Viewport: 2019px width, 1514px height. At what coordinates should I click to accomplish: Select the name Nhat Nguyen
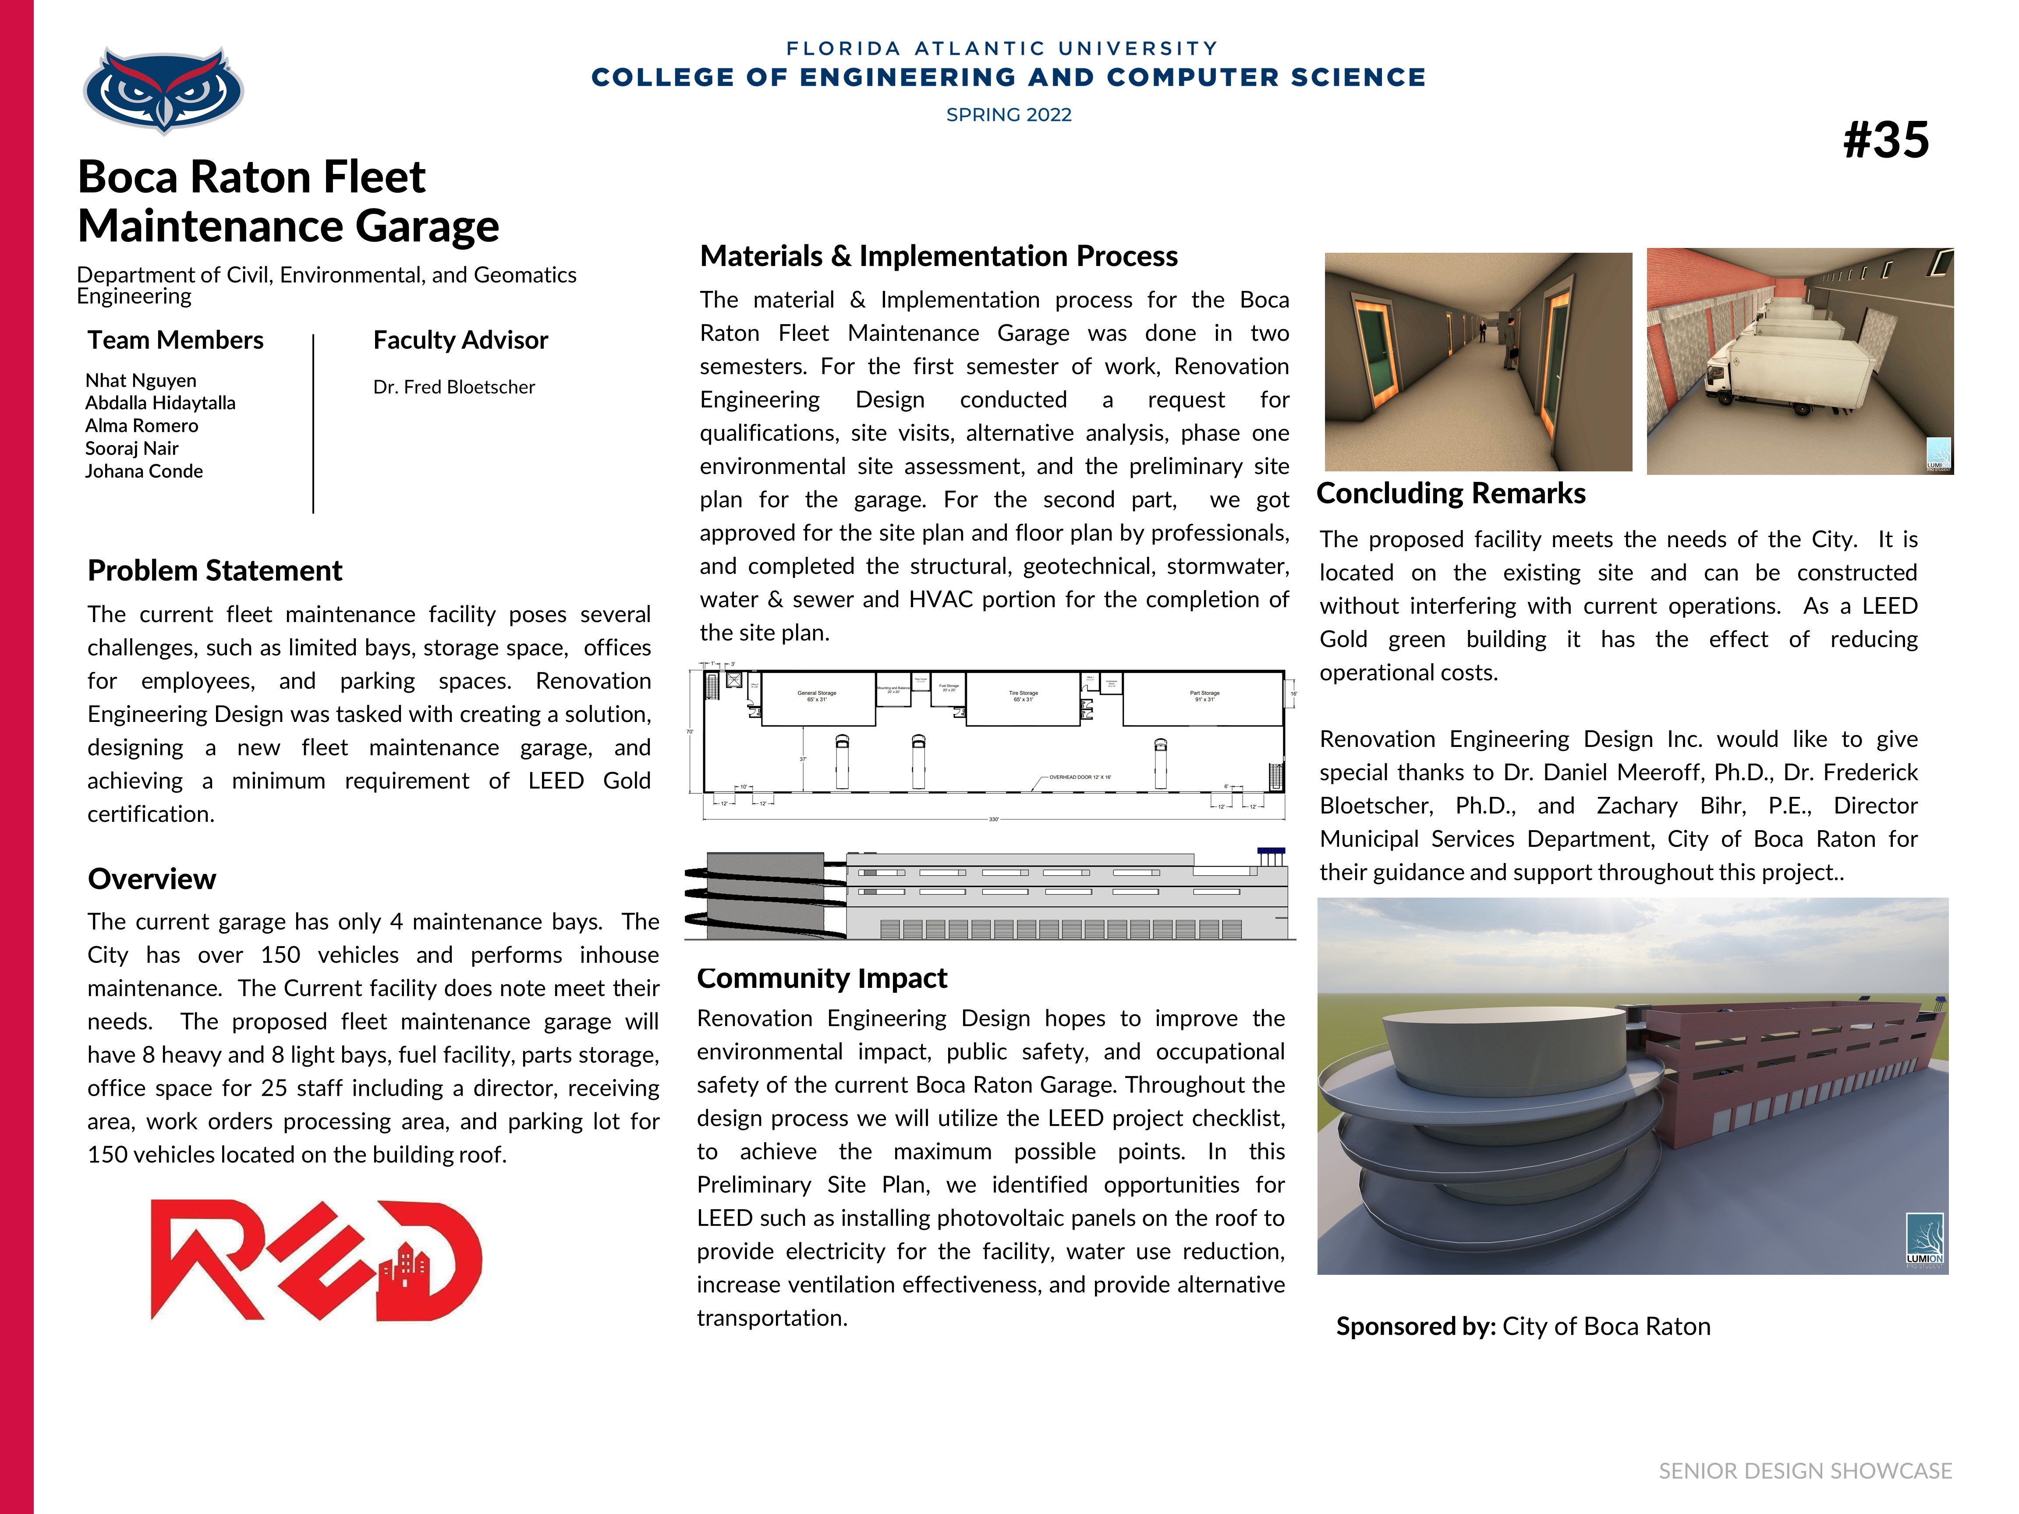[141, 381]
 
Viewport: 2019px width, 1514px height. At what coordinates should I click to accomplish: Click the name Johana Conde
[144, 471]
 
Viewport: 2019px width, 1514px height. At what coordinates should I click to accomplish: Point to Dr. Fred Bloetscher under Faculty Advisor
[453, 387]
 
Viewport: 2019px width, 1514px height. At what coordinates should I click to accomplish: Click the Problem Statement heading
[215, 570]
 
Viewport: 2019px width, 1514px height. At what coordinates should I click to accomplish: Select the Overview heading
[152, 879]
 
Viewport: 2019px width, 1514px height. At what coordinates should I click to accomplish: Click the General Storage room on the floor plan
[817, 697]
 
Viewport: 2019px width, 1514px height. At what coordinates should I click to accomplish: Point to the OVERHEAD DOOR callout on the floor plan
[1080, 778]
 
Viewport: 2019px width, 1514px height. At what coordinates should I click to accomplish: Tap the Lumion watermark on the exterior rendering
[1924, 1241]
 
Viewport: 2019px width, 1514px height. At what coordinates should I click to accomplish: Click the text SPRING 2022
[1009, 115]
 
